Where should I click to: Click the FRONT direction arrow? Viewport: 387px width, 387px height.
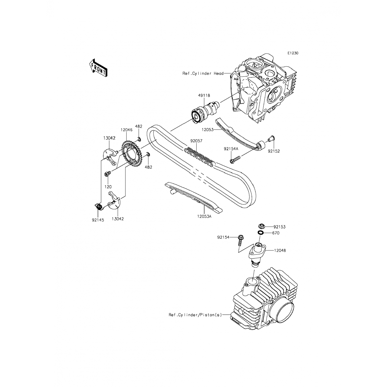tap(98, 68)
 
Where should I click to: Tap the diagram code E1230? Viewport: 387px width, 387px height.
tap(293, 53)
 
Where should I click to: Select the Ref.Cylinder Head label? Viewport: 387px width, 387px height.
tap(203, 74)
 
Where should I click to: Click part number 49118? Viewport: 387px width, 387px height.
tap(204, 95)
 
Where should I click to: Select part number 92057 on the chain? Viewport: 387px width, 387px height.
tap(196, 141)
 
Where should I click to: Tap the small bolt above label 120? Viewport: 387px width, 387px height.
tap(107, 174)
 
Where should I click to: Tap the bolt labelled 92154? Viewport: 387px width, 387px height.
tap(240, 240)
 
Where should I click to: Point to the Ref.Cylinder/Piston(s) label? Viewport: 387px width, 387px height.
tap(195, 315)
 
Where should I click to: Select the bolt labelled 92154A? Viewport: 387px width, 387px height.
tap(235, 159)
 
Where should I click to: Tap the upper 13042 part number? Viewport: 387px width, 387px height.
tap(109, 138)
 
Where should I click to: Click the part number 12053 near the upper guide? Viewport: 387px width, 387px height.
tap(208, 130)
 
